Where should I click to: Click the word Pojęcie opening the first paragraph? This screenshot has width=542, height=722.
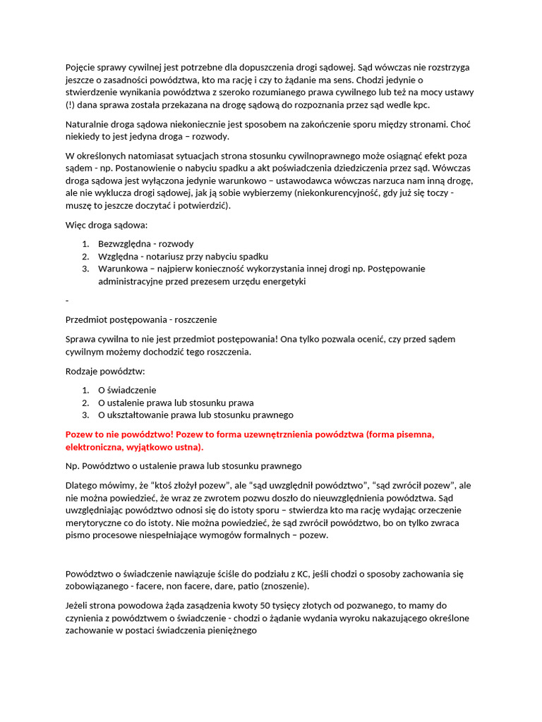coord(82,68)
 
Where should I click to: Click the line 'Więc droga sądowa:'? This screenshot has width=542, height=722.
coord(107,226)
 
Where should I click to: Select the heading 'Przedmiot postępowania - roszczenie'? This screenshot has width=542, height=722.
coord(141,319)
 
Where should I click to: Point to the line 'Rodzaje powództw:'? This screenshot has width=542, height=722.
coord(105,372)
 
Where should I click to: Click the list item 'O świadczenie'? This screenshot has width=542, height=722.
coord(127,390)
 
